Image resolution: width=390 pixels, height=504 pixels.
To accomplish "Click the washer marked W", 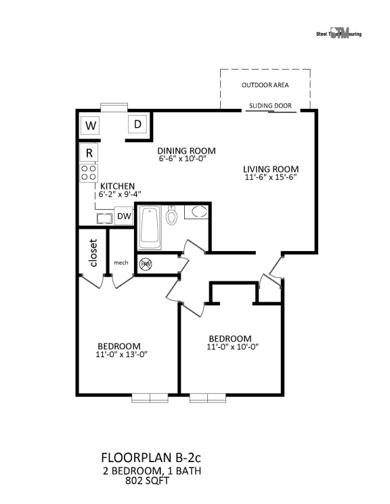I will (90, 126).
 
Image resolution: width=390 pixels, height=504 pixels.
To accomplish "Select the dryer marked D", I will (138, 124).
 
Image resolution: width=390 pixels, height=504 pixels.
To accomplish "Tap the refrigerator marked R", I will (89, 153).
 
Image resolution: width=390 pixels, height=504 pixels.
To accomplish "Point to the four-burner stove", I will (89, 173).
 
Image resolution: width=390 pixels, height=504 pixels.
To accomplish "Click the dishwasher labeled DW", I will (123, 216).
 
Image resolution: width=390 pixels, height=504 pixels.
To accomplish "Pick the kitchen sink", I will (104, 218).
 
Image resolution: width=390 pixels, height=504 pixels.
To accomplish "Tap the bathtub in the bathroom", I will (150, 227).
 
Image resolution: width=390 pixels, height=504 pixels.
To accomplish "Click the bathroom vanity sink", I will (197, 212).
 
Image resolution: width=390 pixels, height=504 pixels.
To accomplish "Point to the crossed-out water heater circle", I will (145, 265).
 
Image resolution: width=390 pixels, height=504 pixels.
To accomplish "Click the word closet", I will (93, 253).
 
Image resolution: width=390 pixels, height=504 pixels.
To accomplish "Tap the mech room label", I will (121, 262).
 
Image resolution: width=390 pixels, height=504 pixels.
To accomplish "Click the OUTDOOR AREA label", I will (265, 85).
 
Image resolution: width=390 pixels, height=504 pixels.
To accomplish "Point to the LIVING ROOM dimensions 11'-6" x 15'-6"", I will (272, 177).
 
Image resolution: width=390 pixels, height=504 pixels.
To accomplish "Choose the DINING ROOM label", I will (186, 151).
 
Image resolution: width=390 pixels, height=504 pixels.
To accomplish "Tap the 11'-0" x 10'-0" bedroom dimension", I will (230, 347).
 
